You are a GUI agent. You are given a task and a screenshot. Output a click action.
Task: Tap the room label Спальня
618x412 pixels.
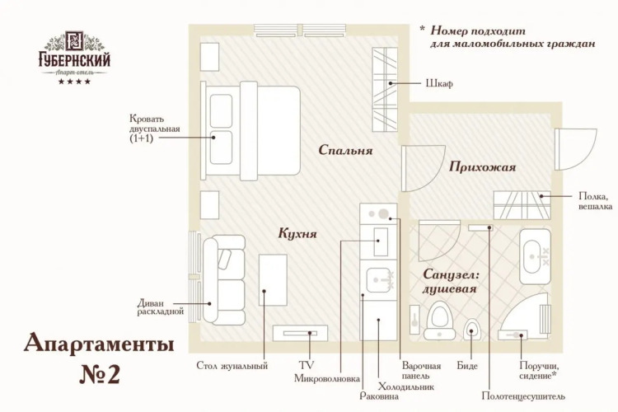click(x=347, y=151)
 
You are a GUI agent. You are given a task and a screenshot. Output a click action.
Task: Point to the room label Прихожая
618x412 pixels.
click(x=483, y=167)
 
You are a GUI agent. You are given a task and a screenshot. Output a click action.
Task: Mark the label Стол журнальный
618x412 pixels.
click(x=232, y=366)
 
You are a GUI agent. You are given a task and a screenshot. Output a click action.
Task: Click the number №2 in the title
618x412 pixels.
click(x=100, y=373)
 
